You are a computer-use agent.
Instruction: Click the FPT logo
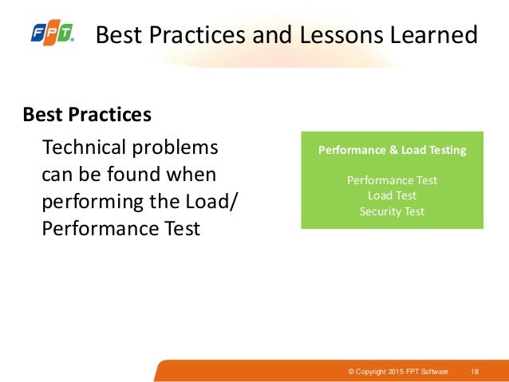click(52, 34)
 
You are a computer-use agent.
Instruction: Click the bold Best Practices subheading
click(87, 115)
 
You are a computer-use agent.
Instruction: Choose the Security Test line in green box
click(392, 211)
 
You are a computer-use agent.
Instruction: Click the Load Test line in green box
click(392, 195)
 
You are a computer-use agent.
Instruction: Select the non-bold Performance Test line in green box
click(392, 180)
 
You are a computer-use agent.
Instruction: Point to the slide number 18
click(475, 372)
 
